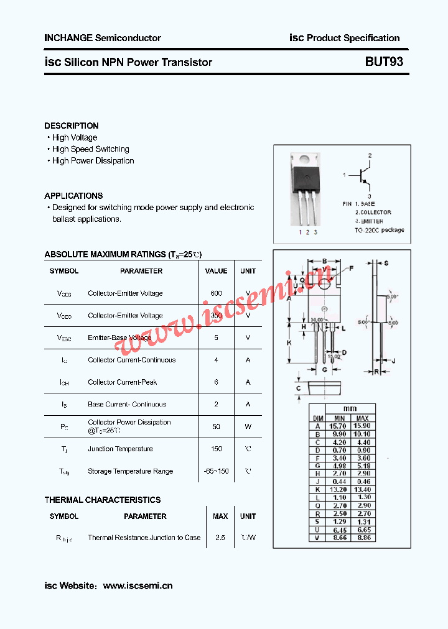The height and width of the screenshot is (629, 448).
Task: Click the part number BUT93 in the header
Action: pyautogui.click(x=384, y=62)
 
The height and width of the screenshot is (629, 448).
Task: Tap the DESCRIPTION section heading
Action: pyautogui.click(x=72, y=126)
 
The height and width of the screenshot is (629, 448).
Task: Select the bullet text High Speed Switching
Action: pyautogui.click(x=91, y=149)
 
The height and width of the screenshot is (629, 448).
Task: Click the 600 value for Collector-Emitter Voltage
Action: pyautogui.click(x=216, y=293)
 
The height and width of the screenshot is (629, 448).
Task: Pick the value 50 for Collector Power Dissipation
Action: pyautogui.click(x=216, y=426)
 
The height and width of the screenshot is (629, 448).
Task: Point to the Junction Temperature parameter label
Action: pyautogui.click(x=120, y=449)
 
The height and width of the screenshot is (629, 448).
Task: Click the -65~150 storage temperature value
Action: pyautogui.click(x=216, y=471)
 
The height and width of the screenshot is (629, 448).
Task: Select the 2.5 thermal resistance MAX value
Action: pyautogui.click(x=220, y=538)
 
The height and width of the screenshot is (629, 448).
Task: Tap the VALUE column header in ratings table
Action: pyautogui.click(x=216, y=271)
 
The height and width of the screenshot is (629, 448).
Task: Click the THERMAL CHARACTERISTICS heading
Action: pyautogui.click(x=103, y=500)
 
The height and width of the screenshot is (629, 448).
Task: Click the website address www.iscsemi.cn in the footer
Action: pyautogui.click(x=138, y=585)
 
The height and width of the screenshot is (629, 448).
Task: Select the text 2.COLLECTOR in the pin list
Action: pyautogui.click(x=373, y=213)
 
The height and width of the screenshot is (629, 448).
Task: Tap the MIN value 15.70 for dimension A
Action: pyautogui.click(x=339, y=426)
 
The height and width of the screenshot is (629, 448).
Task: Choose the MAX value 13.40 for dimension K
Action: pyautogui.click(x=363, y=489)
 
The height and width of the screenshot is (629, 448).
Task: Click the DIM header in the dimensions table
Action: pyautogui.click(x=317, y=418)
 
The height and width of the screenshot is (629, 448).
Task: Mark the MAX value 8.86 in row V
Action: pyautogui.click(x=363, y=538)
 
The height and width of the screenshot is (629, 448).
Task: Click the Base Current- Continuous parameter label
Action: pyautogui.click(x=127, y=405)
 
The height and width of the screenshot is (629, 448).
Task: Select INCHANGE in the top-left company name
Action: pyautogui.click(x=68, y=38)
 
